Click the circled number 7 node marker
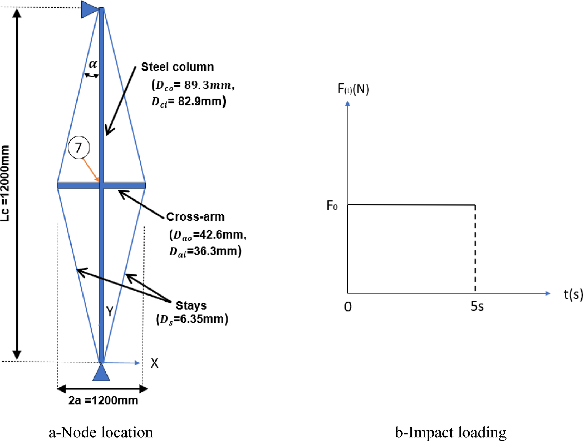tap(79, 147)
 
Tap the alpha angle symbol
tap(93, 64)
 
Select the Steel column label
tap(177, 67)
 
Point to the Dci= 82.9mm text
tap(189, 102)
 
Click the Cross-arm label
tap(195, 216)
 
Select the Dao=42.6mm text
tap(208, 235)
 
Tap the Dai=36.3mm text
tap(205, 251)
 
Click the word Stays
tap(191, 305)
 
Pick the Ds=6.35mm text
tap(192, 319)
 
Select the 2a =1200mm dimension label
tap(103, 400)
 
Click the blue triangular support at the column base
tap(101, 373)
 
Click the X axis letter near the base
tap(154, 363)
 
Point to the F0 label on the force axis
tap(332, 205)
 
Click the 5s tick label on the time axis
tap(477, 306)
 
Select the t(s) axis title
tap(573, 294)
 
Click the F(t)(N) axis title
tap(353, 89)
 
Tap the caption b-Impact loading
tap(450, 432)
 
